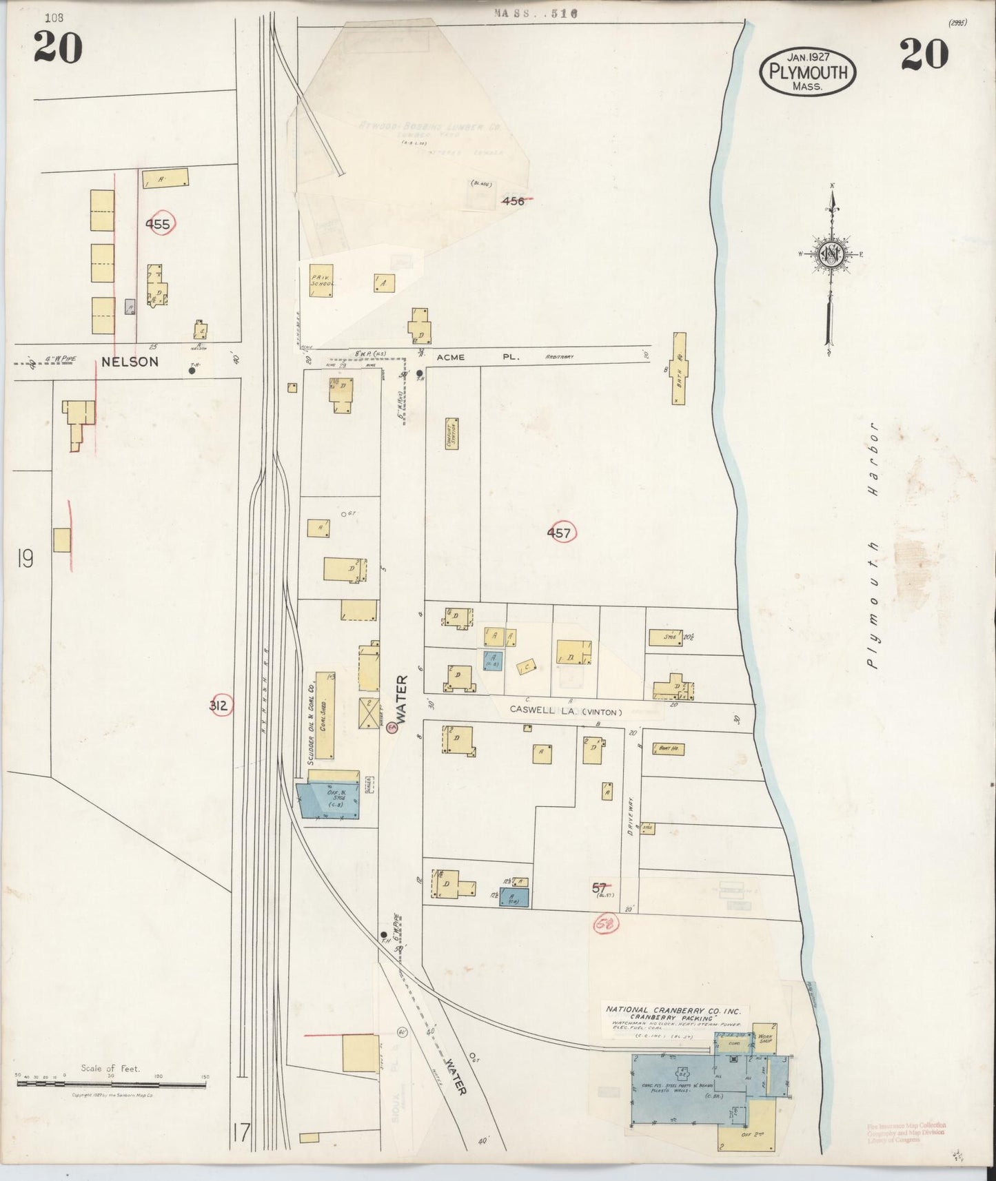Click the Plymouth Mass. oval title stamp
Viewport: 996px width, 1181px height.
[x=808, y=71]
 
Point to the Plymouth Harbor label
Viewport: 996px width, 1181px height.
[x=874, y=545]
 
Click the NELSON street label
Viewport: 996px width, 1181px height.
[x=130, y=362]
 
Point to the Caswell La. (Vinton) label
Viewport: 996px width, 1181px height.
[x=565, y=710]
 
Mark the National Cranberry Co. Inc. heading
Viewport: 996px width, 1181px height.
[x=673, y=1009]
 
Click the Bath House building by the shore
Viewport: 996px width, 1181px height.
[x=679, y=369]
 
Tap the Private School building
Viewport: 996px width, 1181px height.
[x=321, y=282]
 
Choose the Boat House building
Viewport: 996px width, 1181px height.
[x=667, y=748]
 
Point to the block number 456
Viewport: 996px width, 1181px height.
[x=514, y=201]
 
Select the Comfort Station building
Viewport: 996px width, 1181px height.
[x=452, y=433]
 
